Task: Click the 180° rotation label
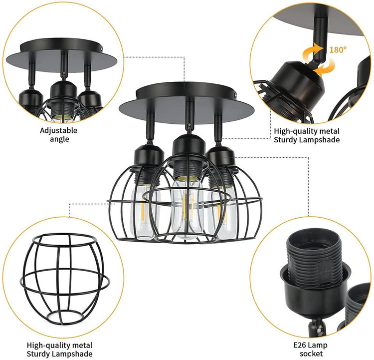pyautogui.click(x=338, y=50)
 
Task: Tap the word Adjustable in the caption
pyautogui.click(x=59, y=131)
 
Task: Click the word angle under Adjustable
pyautogui.click(x=59, y=139)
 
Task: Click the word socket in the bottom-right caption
pyautogui.click(x=311, y=354)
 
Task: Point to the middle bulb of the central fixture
pyautogui.click(x=187, y=209)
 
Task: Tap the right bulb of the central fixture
pyautogui.click(x=222, y=213)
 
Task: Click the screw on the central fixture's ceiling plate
pyautogui.click(x=236, y=95)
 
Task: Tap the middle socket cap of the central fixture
pyautogui.click(x=189, y=149)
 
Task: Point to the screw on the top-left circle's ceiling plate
pyautogui.click(x=102, y=48)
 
